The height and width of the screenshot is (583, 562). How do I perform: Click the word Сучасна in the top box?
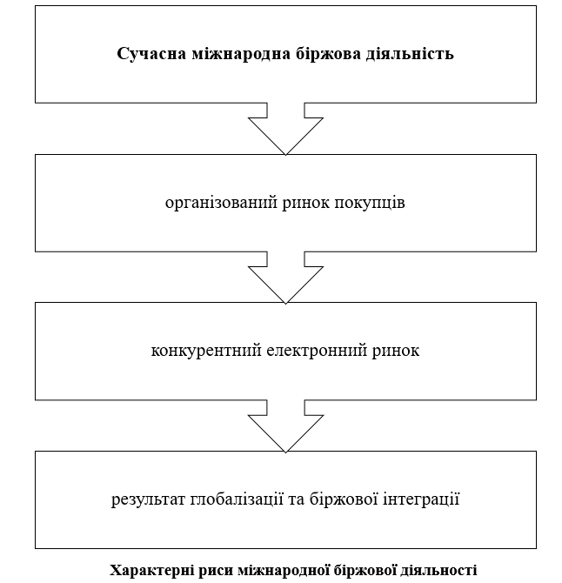(151, 54)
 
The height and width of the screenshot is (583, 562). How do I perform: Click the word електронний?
(317, 351)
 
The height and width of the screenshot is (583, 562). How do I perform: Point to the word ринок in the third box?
(396, 351)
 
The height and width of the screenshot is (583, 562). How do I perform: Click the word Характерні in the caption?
(151, 570)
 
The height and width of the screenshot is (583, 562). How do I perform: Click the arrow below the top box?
(286, 129)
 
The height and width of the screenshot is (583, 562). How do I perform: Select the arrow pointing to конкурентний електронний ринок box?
(286, 278)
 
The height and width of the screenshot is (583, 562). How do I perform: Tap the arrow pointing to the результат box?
(286, 426)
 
